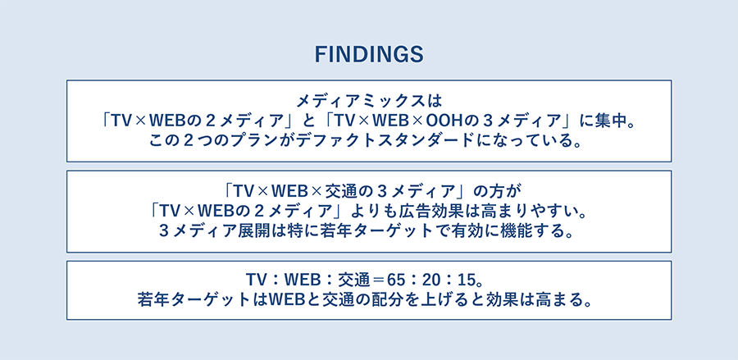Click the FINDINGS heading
click(x=369, y=55)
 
